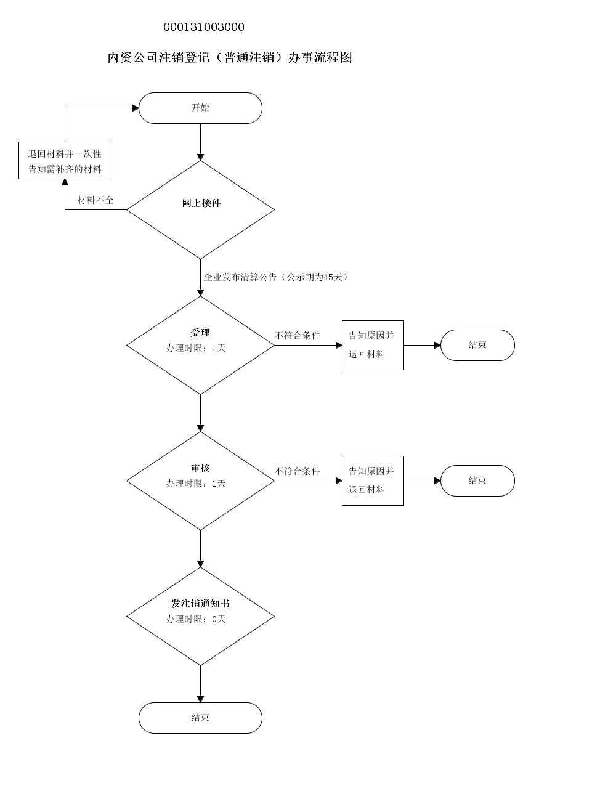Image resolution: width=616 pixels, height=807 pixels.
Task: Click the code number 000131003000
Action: click(x=203, y=27)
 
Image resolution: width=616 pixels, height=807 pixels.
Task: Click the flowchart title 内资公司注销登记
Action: click(x=229, y=57)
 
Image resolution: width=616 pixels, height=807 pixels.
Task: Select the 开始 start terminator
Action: click(x=200, y=108)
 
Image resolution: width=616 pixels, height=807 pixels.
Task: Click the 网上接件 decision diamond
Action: click(x=200, y=209)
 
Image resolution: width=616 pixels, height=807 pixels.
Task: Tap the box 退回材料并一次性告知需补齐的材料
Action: click(x=65, y=161)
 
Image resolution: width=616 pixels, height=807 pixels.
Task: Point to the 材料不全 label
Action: click(x=95, y=200)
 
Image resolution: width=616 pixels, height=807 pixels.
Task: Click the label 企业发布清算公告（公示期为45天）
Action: click(x=277, y=277)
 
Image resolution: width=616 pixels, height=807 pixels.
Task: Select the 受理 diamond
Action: click(x=200, y=345)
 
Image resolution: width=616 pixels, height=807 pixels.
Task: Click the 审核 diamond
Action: click(x=200, y=481)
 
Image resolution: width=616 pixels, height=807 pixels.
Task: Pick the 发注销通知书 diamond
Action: click(x=200, y=616)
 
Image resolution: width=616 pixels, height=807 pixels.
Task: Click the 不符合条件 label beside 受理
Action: click(x=297, y=336)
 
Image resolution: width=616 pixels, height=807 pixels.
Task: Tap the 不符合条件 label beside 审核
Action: click(x=297, y=471)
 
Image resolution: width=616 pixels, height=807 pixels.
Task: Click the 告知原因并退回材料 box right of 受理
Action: click(x=373, y=345)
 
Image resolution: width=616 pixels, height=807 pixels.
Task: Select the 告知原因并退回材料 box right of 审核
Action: click(x=373, y=481)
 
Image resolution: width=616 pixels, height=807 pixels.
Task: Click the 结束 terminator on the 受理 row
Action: click(x=477, y=345)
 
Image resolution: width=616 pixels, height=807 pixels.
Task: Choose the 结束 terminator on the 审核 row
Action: click(x=477, y=481)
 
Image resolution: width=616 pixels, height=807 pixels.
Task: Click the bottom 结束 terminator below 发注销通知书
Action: click(x=200, y=718)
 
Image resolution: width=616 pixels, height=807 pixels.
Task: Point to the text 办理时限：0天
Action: click(x=196, y=619)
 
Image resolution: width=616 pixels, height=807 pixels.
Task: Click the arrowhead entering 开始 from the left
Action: click(x=136, y=108)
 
